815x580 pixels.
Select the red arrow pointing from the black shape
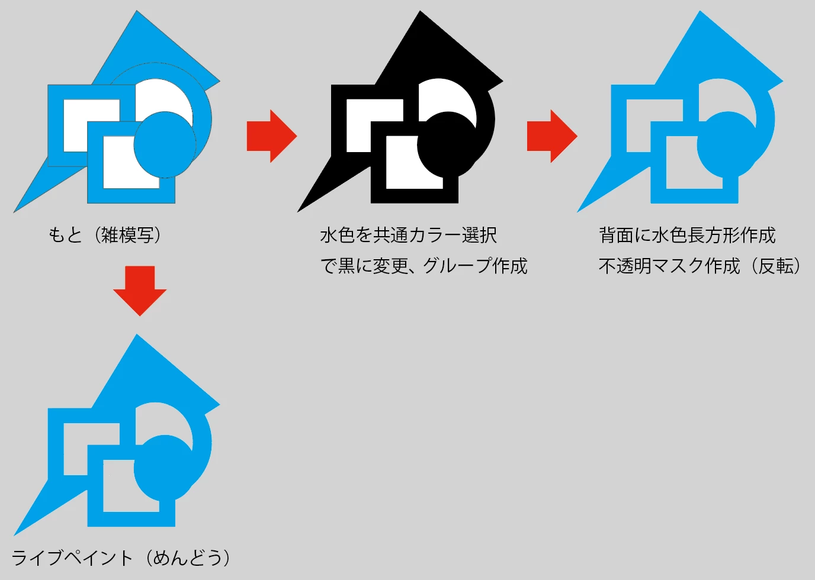click(x=551, y=136)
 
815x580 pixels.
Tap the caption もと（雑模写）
click(x=105, y=235)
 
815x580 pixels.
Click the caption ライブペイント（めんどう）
click(x=121, y=558)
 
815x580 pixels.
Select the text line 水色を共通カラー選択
click(x=408, y=235)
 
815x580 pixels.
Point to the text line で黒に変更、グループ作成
click(x=423, y=266)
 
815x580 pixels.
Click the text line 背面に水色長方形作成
click(x=687, y=235)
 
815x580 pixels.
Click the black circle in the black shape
click(x=448, y=145)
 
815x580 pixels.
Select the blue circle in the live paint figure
click(x=165, y=468)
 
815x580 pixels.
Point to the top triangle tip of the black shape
click(x=420, y=14)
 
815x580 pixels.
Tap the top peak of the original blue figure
click(x=137, y=14)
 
